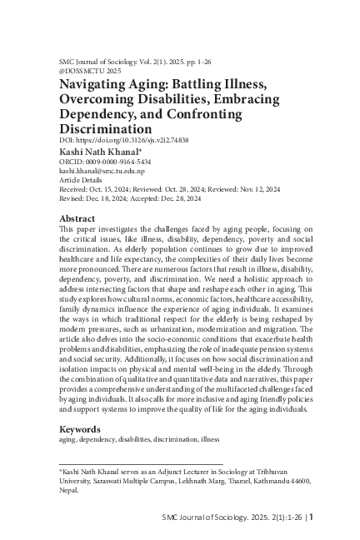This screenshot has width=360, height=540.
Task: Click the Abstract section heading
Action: pos(82,218)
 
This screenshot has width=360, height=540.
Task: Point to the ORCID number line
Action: pos(105,162)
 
